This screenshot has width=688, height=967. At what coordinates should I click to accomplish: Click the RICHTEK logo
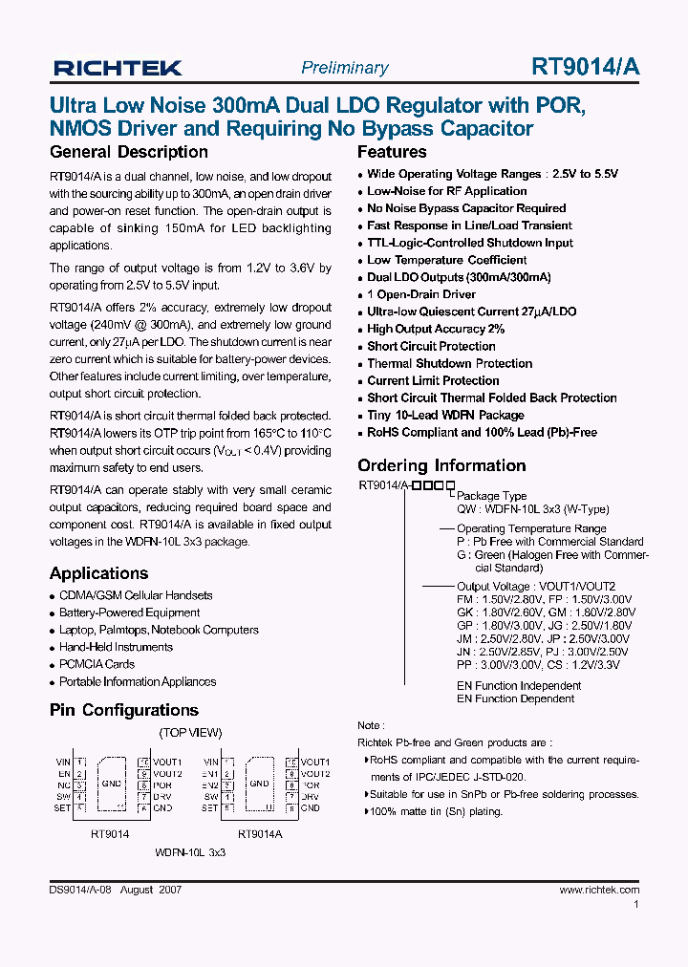coord(118,67)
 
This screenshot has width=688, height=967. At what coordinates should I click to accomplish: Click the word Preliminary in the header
coord(344,68)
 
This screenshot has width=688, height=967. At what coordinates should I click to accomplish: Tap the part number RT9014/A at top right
coord(586,67)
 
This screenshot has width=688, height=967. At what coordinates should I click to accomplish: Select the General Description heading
coord(128,152)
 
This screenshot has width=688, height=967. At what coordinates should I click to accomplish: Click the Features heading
coord(392,152)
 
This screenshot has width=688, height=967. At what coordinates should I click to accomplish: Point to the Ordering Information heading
coord(441,465)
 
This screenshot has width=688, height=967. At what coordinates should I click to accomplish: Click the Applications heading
coord(98,573)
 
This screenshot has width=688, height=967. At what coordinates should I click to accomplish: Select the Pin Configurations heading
coord(124,710)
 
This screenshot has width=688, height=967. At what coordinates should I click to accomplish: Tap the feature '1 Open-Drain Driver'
coord(421,294)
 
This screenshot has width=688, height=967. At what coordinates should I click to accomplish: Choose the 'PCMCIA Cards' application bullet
coord(97,664)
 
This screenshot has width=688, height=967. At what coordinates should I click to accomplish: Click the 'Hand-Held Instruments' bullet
coord(116,647)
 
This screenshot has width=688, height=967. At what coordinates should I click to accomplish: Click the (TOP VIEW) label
coord(190,733)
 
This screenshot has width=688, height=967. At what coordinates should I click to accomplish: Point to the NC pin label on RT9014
coord(64,785)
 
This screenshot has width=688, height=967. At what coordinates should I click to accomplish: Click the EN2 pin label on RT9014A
coord(210,785)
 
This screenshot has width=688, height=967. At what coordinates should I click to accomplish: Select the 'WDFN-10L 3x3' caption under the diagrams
coord(190,850)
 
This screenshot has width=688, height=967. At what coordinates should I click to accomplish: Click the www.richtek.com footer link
coord(599,890)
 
